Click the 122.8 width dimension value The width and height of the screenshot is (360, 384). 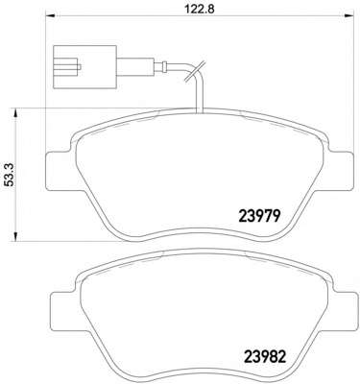200,8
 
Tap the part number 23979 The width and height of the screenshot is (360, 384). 259,216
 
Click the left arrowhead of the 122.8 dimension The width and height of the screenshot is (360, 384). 51,16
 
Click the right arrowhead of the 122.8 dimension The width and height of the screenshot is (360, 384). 349,16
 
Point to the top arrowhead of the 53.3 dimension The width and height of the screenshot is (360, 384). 14,112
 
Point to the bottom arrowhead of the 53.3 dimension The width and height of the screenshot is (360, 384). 14,236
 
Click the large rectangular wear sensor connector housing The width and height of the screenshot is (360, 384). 84,67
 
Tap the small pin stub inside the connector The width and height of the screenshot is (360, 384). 80,67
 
